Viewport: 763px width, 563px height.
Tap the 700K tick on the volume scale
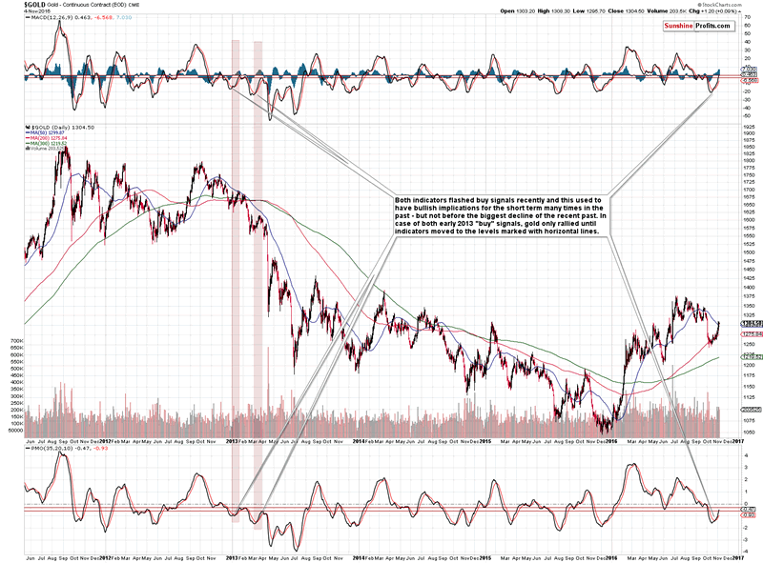coord(15,340)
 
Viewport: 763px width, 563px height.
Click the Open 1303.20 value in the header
coord(492,11)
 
